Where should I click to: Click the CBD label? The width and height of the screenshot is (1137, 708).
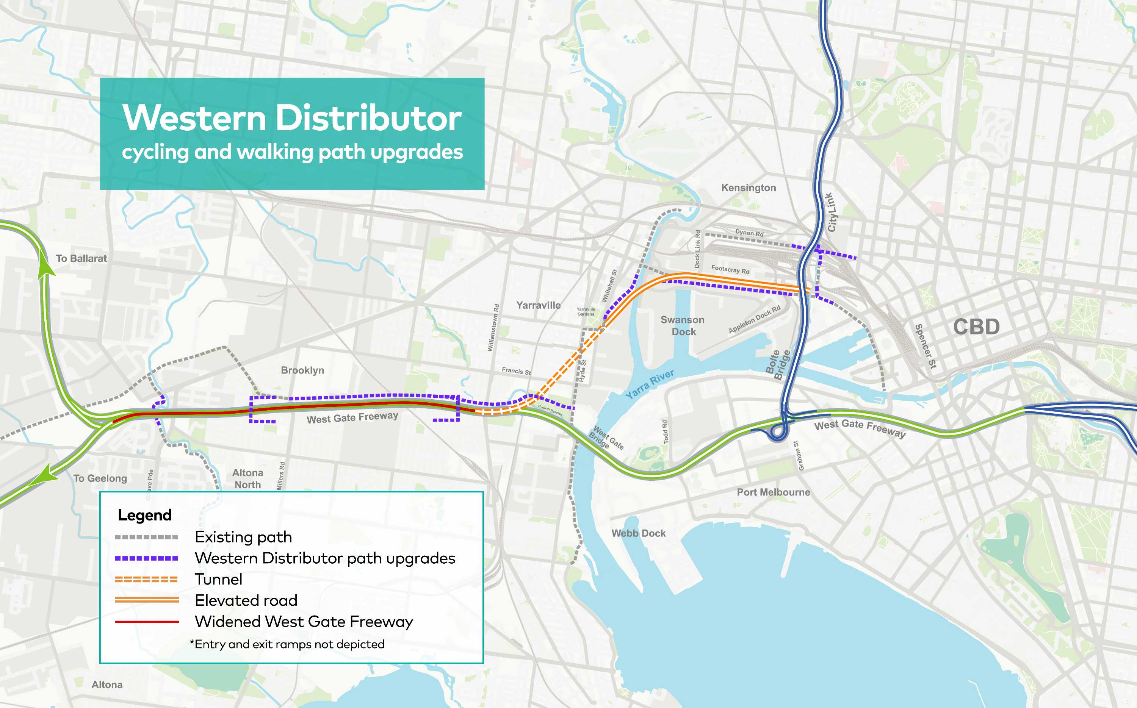976,327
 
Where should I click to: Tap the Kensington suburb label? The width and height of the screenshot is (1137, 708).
748,188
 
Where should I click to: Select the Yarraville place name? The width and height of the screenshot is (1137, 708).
538,305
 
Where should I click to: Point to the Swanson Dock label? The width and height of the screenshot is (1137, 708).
683,325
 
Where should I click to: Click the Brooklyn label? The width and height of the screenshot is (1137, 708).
302,370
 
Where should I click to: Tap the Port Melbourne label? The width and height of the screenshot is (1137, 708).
773,492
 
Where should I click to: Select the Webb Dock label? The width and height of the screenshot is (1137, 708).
638,533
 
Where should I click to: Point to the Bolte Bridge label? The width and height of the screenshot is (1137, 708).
778,365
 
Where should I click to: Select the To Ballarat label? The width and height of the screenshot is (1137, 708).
81,258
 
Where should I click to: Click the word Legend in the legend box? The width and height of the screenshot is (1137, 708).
145,515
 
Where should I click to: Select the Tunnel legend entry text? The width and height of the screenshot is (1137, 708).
218,579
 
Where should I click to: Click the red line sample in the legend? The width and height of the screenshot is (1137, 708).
147,622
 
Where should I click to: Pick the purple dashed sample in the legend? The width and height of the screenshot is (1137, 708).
147,558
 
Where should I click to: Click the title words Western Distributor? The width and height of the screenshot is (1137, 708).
292,118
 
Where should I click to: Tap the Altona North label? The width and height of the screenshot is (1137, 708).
247,478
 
